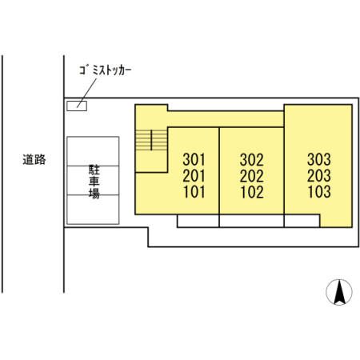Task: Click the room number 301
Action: [x=194, y=159]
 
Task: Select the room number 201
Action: [x=194, y=176]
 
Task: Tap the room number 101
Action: [x=194, y=192]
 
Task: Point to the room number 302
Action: [x=252, y=159]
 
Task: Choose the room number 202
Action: [x=252, y=176]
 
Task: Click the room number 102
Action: [x=252, y=192]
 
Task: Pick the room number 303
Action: [x=319, y=159]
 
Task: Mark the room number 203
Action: [x=319, y=175]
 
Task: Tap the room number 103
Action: [x=319, y=192]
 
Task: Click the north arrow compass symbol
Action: [x=339, y=292]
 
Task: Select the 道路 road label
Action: [x=34, y=159]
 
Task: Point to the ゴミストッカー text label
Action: [x=106, y=70]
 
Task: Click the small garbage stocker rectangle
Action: [x=77, y=106]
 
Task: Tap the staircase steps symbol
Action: [x=151, y=140]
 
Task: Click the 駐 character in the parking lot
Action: [x=94, y=170]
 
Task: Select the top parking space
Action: [x=93, y=151]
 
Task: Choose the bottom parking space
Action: [x=93, y=210]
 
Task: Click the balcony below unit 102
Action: [x=251, y=221]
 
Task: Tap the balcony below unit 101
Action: [x=198, y=221]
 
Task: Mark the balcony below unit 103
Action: [x=302, y=221]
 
